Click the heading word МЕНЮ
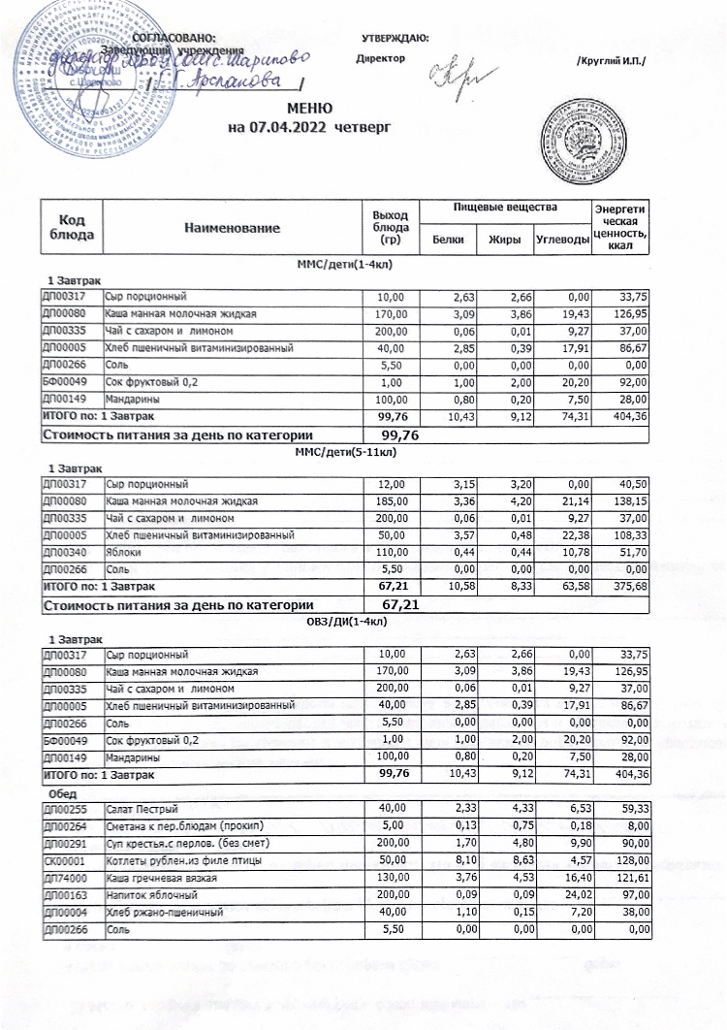pos(309,108)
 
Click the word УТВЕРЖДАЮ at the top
pos(395,38)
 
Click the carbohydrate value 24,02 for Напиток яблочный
pos(567,894)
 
